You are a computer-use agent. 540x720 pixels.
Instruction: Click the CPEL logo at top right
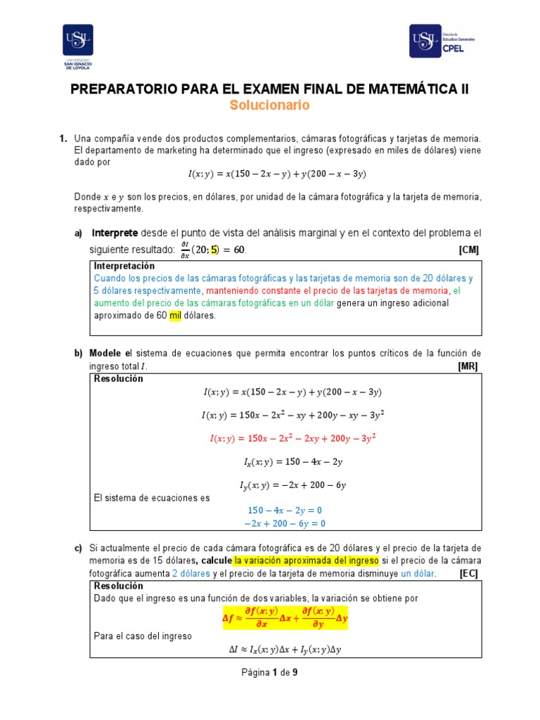(442, 41)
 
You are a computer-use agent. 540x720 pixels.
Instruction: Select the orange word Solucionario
(269, 105)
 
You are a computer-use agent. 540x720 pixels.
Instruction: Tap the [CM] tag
(469, 250)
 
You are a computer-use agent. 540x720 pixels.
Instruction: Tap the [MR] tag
(469, 366)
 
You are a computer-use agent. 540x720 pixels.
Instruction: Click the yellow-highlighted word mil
(176, 315)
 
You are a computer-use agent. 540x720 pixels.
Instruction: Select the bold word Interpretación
(124, 266)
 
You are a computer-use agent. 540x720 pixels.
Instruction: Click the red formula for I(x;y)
(292, 437)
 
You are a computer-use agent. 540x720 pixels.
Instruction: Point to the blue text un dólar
(418, 574)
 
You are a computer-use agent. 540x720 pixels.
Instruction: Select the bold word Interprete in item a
(115, 233)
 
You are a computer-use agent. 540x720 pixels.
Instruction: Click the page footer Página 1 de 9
(270, 673)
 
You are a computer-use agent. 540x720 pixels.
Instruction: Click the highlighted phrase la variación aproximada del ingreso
(307, 560)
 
